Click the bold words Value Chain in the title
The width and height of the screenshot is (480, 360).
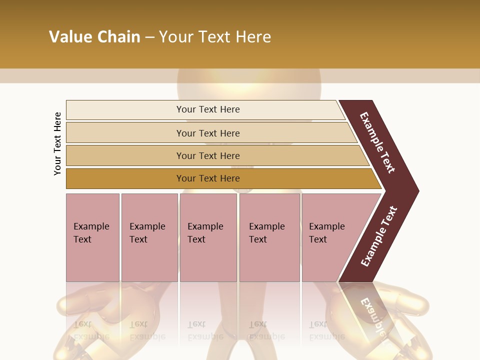click(94, 37)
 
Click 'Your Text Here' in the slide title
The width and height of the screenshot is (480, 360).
click(215, 37)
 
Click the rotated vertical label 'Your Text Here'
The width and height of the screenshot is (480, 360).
click(57, 143)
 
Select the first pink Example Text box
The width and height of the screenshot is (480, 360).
click(92, 237)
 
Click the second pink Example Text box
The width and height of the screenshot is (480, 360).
click(149, 237)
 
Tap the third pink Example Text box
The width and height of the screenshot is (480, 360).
click(208, 237)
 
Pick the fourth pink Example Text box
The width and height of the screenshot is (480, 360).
click(269, 237)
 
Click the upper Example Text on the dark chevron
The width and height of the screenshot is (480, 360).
click(377, 142)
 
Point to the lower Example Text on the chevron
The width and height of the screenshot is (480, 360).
click(378, 236)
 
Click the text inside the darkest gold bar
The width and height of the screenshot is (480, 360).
click(208, 178)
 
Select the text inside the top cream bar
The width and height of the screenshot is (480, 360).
click(208, 109)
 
